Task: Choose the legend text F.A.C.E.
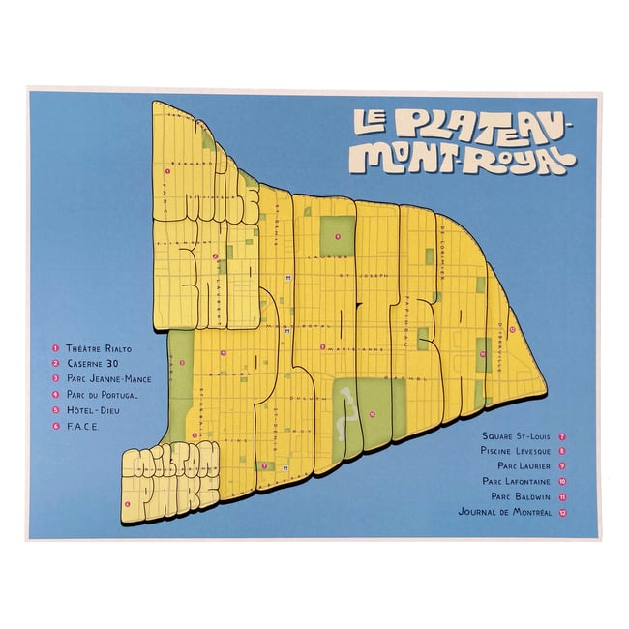click(84, 425)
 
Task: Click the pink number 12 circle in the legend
click(562, 511)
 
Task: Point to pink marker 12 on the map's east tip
click(511, 329)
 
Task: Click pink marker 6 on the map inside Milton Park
click(128, 503)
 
